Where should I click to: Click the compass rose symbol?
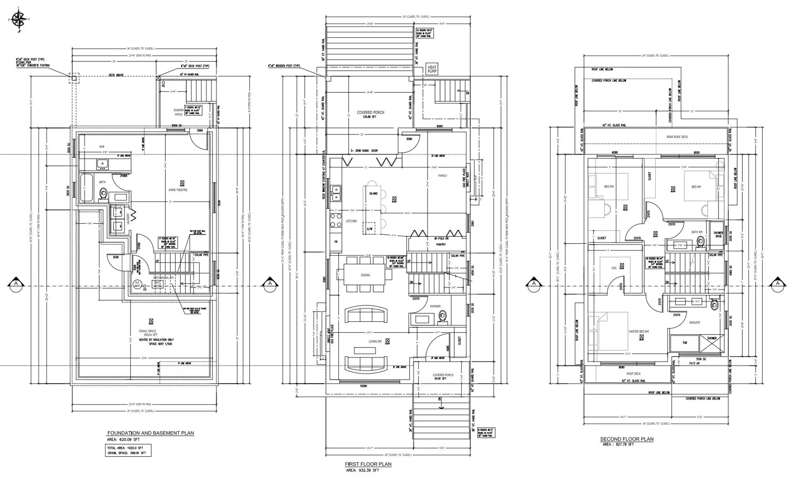click(x=19, y=20)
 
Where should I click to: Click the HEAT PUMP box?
click(x=432, y=69)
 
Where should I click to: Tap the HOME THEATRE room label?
click(x=178, y=190)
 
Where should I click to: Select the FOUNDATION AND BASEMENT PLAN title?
click(x=150, y=433)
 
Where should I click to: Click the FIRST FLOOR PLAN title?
click(x=368, y=464)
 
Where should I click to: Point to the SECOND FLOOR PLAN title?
click(x=626, y=439)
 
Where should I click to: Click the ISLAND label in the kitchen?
click(x=373, y=194)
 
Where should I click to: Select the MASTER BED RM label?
click(x=638, y=331)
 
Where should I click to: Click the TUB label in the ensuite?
click(x=685, y=343)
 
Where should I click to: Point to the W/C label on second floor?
click(x=614, y=268)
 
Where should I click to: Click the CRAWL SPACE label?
click(x=147, y=331)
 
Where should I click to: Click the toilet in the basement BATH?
click(x=103, y=194)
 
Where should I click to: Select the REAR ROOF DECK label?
click(x=665, y=137)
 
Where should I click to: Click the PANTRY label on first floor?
click(x=441, y=245)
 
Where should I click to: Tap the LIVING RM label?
click(x=375, y=341)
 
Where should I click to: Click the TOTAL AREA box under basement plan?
click(x=128, y=451)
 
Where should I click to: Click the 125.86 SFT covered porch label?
click(x=370, y=117)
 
